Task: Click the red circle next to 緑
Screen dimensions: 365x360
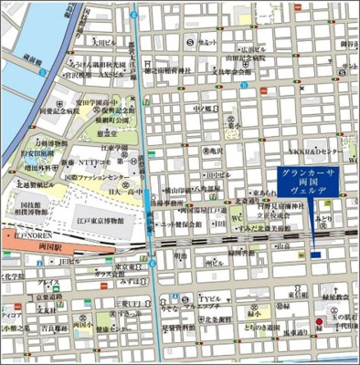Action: coord(319,322)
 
